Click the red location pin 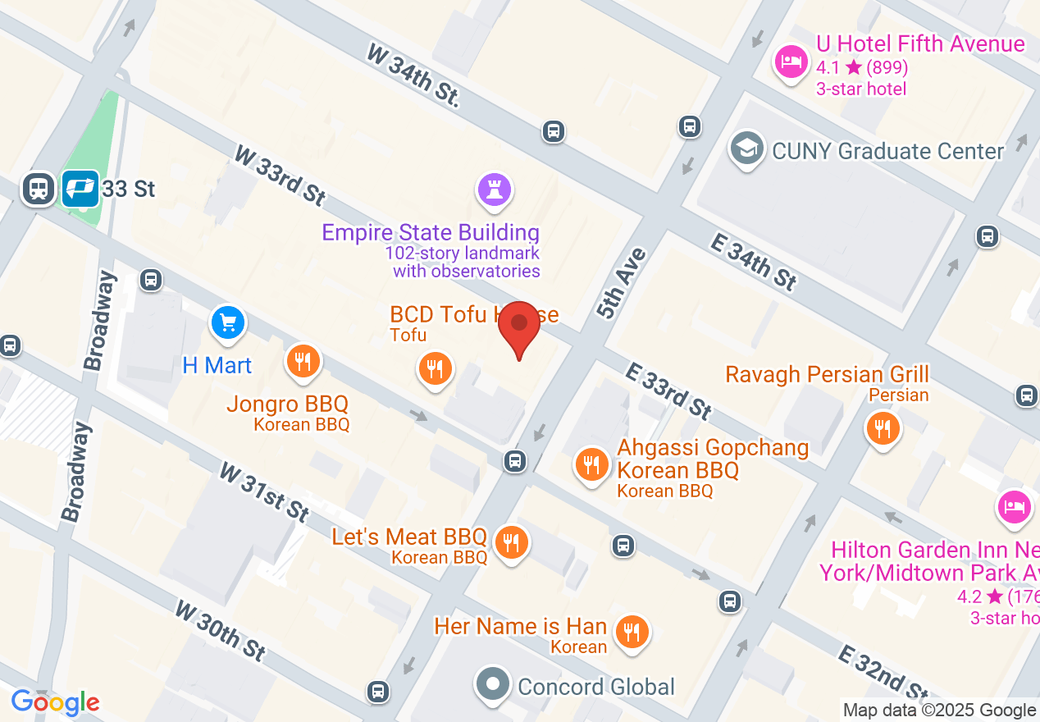(x=519, y=325)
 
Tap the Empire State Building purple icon (x=494, y=190)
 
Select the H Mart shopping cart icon (x=228, y=322)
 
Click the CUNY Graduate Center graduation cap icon (x=747, y=149)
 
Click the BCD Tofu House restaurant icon (x=435, y=368)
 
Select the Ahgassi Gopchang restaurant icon (x=591, y=465)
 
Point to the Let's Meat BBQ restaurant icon (x=512, y=541)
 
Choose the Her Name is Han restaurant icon (x=632, y=633)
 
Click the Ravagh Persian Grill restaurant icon (x=883, y=428)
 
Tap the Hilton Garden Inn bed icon (x=1014, y=506)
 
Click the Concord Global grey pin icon (x=493, y=684)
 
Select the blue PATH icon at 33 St (x=80, y=189)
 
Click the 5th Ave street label (x=623, y=283)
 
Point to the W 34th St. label (x=413, y=75)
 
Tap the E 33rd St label (x=668, y=391)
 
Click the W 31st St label (x=264, y=491)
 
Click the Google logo (x=56, y=702)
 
